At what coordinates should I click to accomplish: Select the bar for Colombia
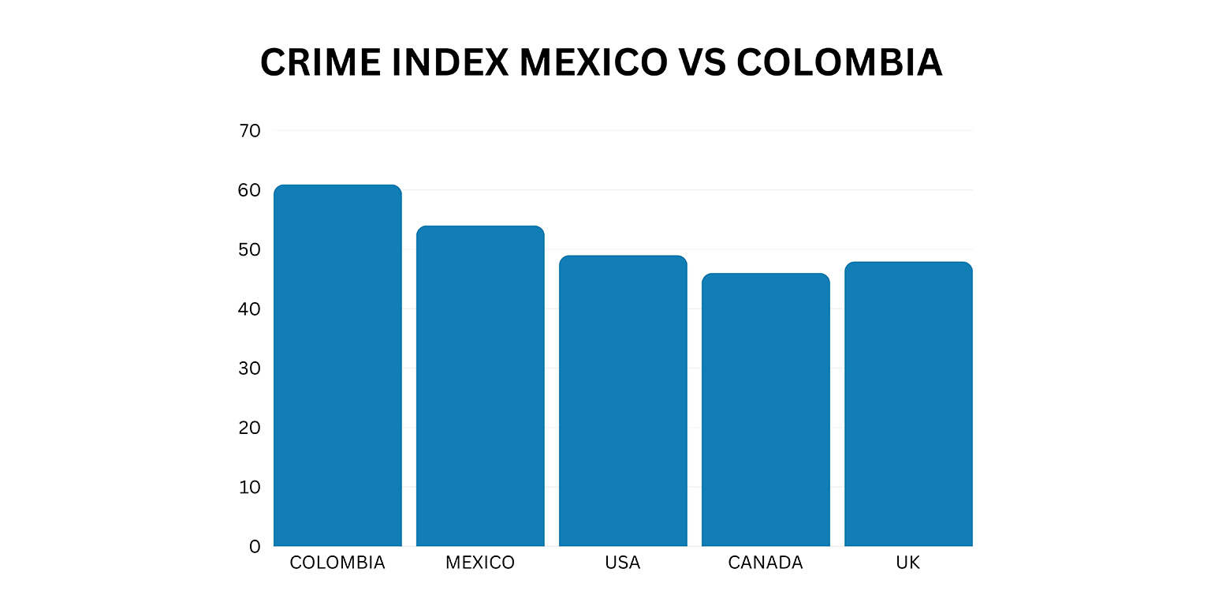click(x=337, y=365)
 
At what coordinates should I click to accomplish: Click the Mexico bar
click(x=480, y=386)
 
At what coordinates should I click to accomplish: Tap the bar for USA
click(x=623, y=401)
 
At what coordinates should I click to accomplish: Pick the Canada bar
click(x=766, y=410)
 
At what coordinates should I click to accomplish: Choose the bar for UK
click(x=908, y=404)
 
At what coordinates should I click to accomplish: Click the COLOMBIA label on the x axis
click(x=337, y=563)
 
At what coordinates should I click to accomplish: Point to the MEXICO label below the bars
click(x=480, y=563)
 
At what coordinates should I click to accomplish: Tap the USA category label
click(x=623, y=563)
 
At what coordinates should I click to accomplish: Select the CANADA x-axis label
click(x=766, y=563)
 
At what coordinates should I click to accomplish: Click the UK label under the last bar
click(x=908, y=563)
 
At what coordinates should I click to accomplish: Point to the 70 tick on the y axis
click(x=249, y=131)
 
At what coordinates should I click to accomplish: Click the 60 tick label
click(x=249, y=190)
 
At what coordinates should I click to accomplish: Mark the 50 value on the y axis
click(x=249, y=250)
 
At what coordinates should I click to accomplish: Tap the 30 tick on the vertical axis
click(x=249, y=368)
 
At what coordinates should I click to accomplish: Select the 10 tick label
click(x=249, y=488)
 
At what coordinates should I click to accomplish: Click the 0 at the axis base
click(x=255, y=547)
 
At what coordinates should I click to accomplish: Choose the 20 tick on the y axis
click(x=249, y=428)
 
